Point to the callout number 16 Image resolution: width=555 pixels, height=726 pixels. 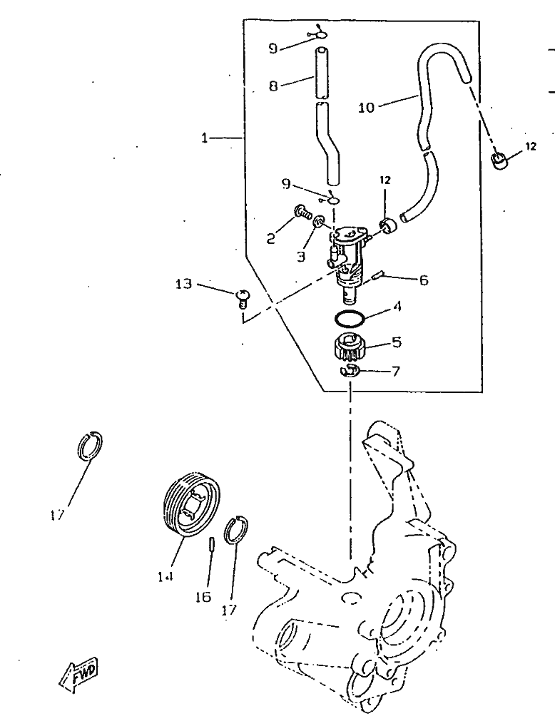click(203, 596)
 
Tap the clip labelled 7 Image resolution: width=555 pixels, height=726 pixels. click(350, 369)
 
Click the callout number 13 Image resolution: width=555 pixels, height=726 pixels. click(183, 285)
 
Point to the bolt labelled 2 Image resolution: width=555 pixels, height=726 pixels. click(302, 211)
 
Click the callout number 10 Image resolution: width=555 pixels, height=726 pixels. click(366, 108)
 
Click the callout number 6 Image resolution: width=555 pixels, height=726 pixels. click(423, 280)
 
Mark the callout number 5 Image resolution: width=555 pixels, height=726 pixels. click(397, 342)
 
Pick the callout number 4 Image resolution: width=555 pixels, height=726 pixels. click(398, 310)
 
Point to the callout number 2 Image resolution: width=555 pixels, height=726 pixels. click(271, 240)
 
